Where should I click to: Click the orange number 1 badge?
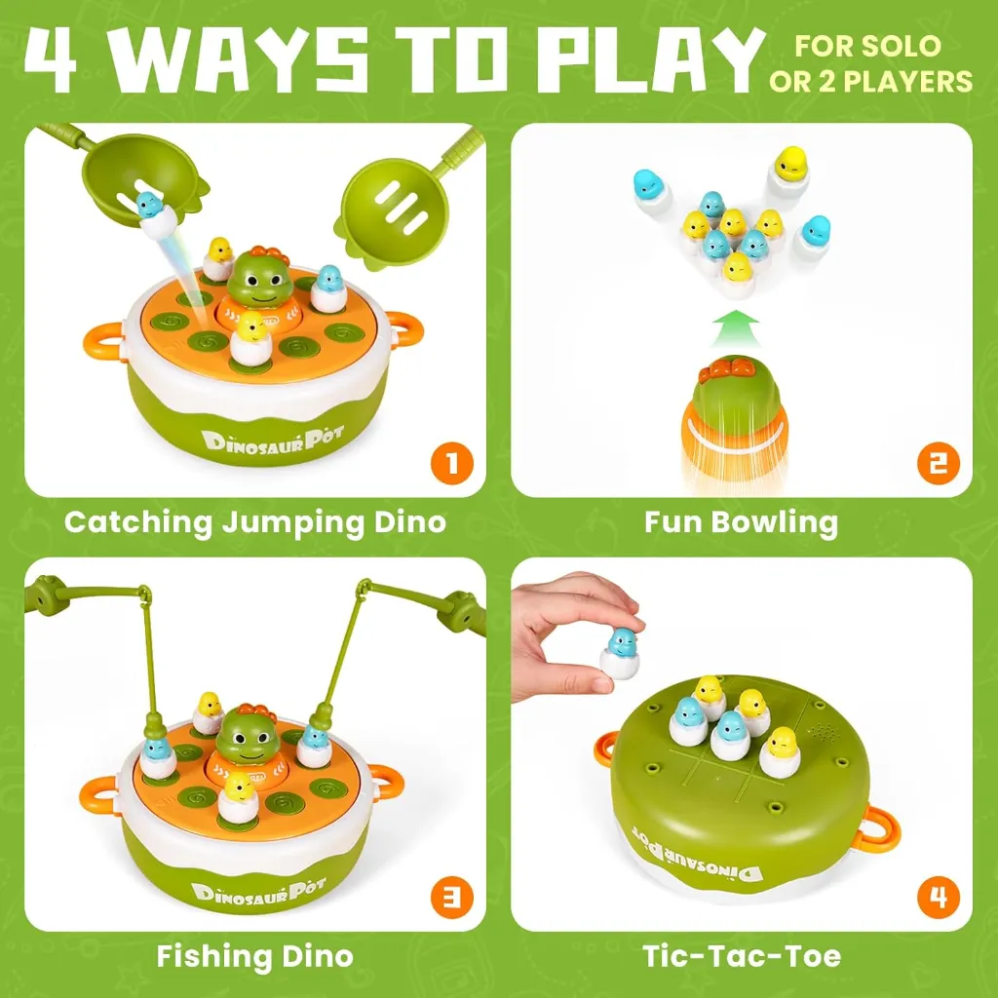(451, 463)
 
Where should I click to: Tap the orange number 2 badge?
(938, 463)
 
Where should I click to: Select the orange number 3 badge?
(451, 897)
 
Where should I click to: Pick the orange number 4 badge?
(938, 897)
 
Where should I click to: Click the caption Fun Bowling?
(741, 522)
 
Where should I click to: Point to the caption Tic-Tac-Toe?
(741, 956)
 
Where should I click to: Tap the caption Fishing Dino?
(254, 956)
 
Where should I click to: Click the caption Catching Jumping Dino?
(254, 522)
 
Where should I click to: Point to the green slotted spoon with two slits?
(396, 201)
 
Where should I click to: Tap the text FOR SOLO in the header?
(867, 45)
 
